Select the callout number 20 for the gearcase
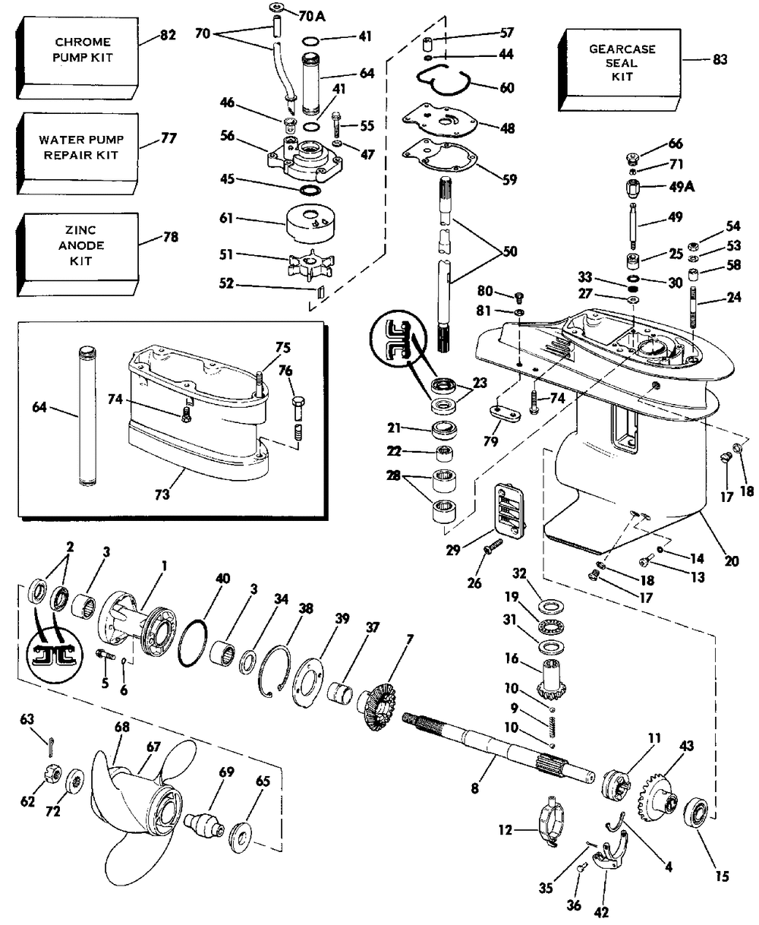pos(731,562)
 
